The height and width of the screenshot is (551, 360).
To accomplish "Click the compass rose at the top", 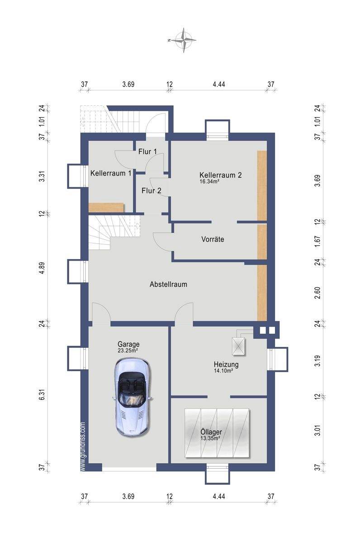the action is click(x=184, y=40).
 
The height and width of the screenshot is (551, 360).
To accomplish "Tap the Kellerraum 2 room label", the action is click(x=220, y=175).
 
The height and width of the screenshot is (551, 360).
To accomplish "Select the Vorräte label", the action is click(x=213, y=239).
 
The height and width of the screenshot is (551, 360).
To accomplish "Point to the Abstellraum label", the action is click(x=168, y=285).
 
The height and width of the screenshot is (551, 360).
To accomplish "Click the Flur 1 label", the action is click(x=147, y=152).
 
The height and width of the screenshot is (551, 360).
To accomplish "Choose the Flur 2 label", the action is click(x=152, y=190).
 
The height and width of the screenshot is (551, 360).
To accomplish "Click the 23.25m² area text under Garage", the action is click(x=128, y=351).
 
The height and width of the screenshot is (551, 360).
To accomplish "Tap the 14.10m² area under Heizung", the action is click(x=223, y=370).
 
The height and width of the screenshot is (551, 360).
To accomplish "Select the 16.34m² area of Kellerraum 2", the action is click(x=209, y=181).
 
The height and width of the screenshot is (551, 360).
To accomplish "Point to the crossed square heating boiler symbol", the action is click(x=238, y=347).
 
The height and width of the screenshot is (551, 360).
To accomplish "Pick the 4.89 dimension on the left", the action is click(x=42, y=268).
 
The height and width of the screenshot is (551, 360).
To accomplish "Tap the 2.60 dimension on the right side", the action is click(x=317, y=293).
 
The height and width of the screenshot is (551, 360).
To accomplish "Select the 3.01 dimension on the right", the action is click(x=317, y=430).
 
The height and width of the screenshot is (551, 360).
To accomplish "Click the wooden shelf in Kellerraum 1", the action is click(x=106, y=207).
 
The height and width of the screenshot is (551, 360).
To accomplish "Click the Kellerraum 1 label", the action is click(x=111, y=173).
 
